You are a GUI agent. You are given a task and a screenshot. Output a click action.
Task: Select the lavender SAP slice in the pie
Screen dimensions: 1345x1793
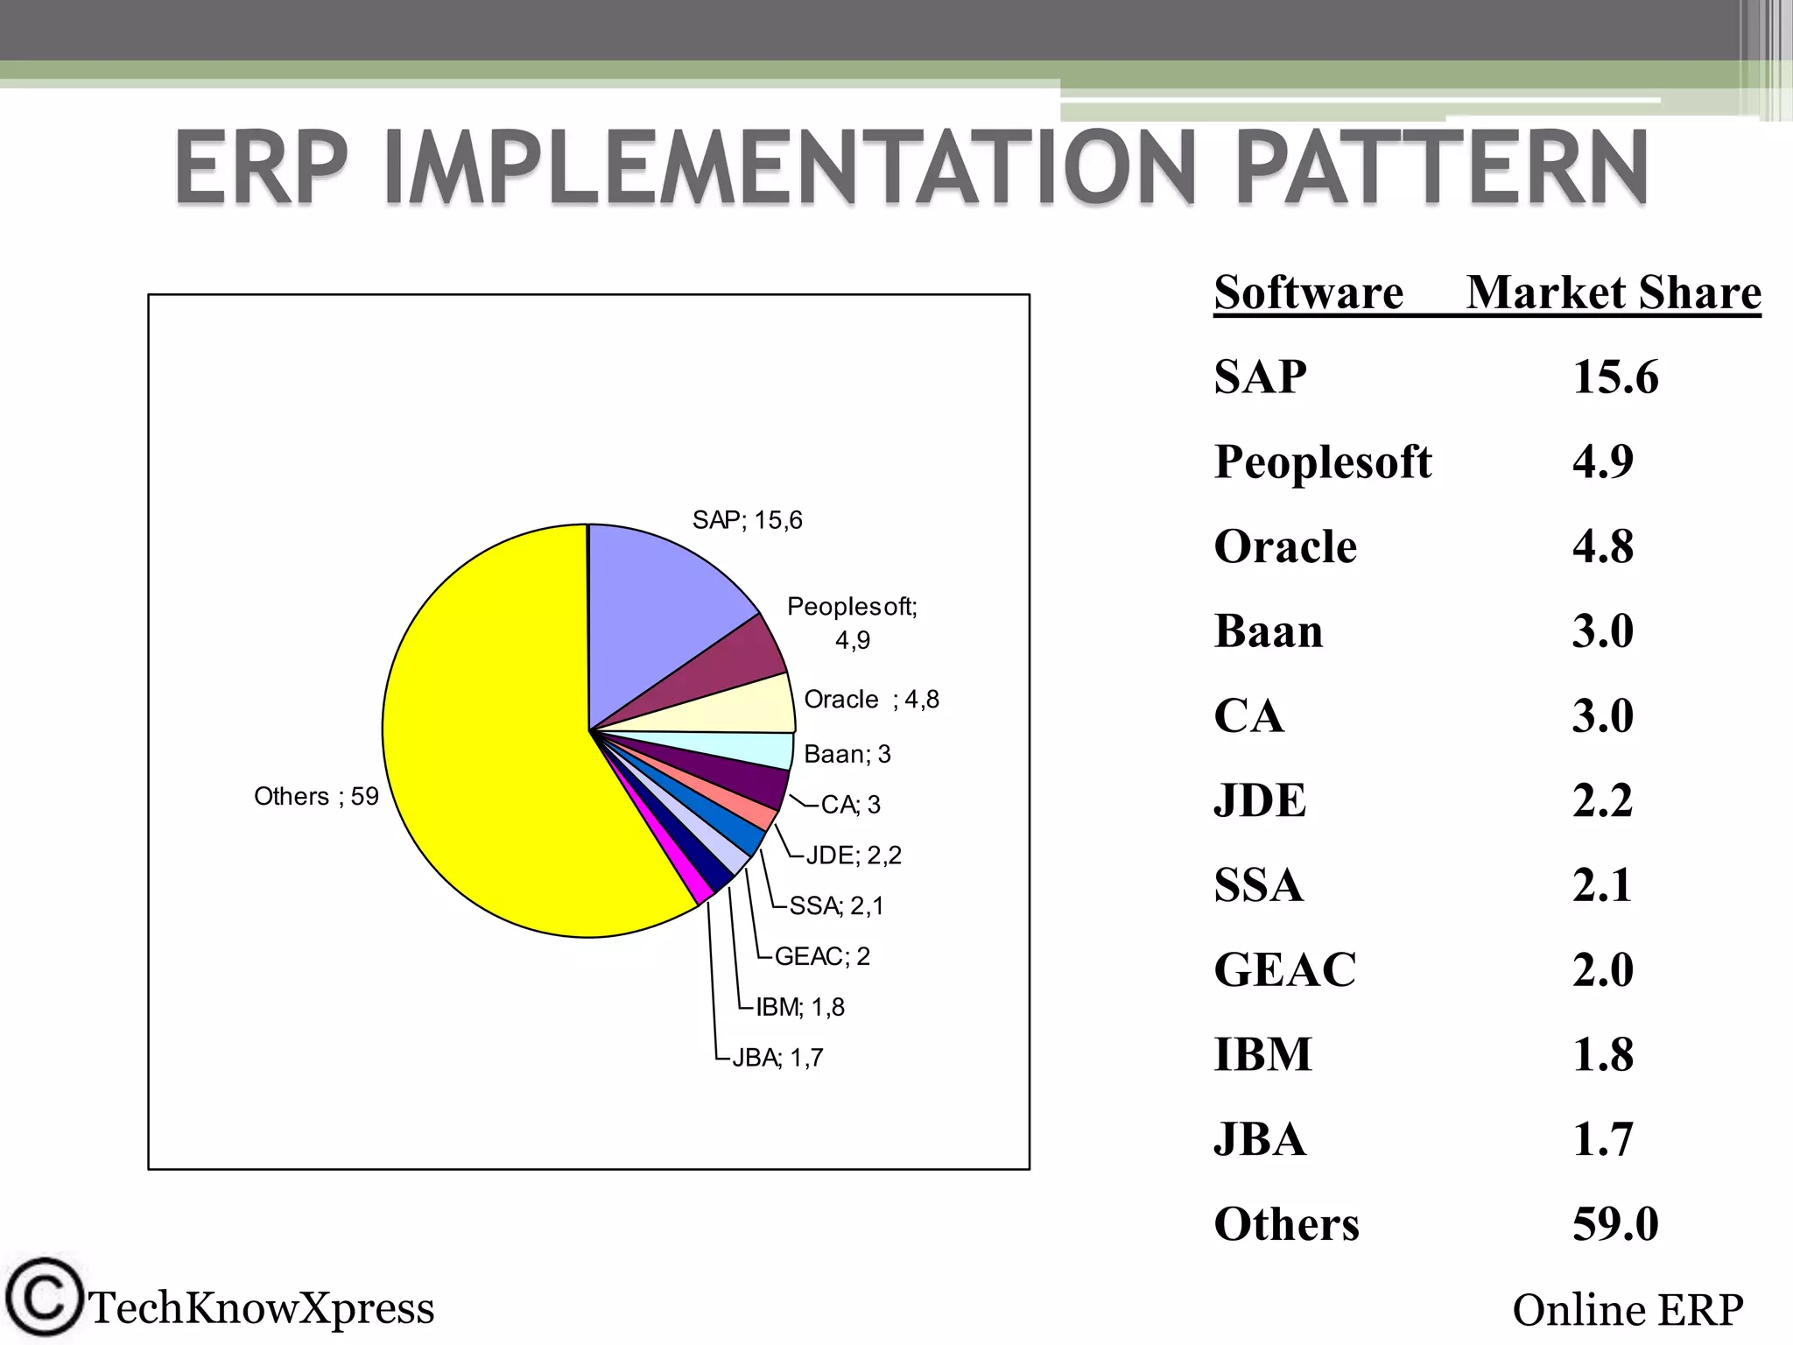[657, 613]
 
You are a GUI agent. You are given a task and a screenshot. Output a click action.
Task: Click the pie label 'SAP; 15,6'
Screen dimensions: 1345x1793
[747, 520]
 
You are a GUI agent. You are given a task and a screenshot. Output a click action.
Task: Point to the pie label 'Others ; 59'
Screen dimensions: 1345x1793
[316, 796]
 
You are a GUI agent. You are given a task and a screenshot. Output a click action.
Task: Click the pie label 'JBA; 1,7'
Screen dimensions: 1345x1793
[777, 1058]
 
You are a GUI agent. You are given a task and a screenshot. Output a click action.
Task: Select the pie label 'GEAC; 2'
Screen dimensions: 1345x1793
[822, 956]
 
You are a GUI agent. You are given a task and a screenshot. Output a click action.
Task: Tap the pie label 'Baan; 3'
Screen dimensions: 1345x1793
[847, 754]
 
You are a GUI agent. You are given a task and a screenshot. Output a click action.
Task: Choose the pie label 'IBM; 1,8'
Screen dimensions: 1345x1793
[799, 1007]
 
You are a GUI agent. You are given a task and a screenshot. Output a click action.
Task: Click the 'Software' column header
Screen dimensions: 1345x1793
[1308, 292]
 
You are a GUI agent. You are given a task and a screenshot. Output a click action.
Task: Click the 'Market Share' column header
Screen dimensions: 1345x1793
[1613, 292]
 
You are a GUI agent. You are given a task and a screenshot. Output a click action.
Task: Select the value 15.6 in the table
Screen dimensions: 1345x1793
[1614, 377]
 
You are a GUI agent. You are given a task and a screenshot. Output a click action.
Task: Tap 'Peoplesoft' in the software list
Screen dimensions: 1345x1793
[1322, 461]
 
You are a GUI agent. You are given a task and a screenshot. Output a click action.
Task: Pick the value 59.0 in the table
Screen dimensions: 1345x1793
[1614, 1224]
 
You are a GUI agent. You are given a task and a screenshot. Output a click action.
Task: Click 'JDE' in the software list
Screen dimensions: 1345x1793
[1260, 800]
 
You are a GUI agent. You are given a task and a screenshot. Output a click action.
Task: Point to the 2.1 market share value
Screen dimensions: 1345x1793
[1601, 885]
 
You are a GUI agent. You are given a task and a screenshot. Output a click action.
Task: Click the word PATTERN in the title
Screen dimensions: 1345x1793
[1441, 166]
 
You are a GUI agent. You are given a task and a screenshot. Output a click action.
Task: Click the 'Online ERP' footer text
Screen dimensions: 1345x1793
[1627, 1310]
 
